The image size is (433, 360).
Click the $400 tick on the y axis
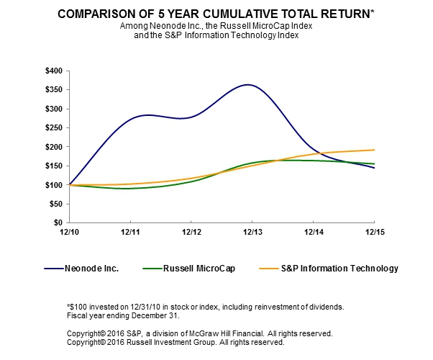[x=53, y=71]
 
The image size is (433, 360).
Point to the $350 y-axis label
[x=53, y=90]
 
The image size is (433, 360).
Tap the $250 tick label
[x=53, y=128]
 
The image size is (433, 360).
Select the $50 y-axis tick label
[x=55, y=204]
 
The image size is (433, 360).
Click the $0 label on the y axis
[x=57, y=223]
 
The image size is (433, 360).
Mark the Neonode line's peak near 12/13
[x=248, y=85]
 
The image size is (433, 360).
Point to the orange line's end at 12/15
[x=374, y=150]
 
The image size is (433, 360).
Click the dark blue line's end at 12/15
[x=374, y=168]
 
